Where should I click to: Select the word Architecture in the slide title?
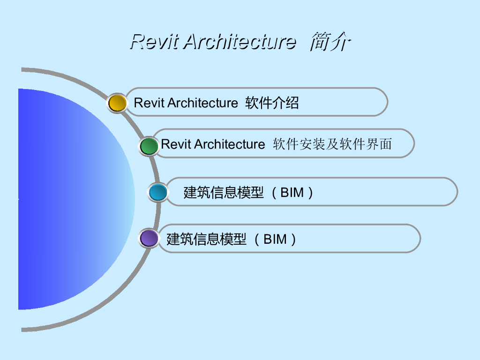click(x=240, y=42)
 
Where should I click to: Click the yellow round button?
click(x=117, y=103)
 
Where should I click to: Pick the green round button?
click(x=149, y=146)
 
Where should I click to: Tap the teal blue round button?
click(x=158, y=192)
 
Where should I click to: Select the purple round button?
click(x=149, y=238)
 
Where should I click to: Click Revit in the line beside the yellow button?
click(x=149, y=103)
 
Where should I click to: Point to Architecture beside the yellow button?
click(x=202, y=103)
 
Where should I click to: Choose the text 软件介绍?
click(x=272, y=103)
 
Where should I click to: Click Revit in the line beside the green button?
click(x=176, y=144)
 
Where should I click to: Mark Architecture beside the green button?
click(x=230, y=144)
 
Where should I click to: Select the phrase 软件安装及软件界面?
click(x=332, y=144)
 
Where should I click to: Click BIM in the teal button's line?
click(x=292, y=193)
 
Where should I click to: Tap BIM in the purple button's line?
click(x=275, y=240)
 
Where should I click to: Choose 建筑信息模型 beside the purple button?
click(x=207, y=240)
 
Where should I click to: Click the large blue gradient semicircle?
click(x=70, y=199)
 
